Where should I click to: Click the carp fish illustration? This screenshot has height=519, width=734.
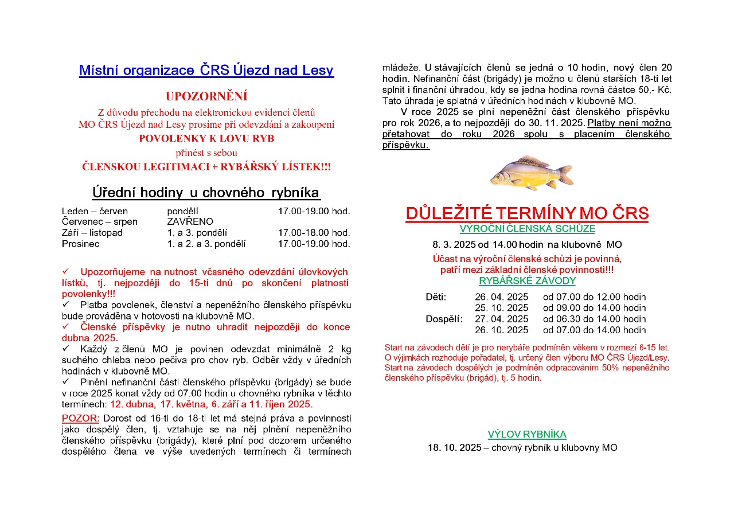tap(530, 173)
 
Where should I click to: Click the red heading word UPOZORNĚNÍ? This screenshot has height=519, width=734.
tap(206, 96)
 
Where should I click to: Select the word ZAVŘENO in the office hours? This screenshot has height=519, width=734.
tap(190, 221)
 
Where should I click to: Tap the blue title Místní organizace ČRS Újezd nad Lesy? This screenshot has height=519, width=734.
tap(206, 71)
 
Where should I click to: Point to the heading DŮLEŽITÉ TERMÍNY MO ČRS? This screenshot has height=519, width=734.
tap(527, 213)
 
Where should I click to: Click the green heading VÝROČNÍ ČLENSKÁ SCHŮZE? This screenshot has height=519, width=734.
tap(527, 229)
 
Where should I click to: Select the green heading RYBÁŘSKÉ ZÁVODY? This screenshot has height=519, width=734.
tap(527, 281)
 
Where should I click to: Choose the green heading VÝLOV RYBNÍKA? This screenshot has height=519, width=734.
tap(527, 434)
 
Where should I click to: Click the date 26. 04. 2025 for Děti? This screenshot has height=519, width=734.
tap(502, 297)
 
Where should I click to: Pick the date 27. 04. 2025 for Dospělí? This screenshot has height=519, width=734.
tap(502, 319)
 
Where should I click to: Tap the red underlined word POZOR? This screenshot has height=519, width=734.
tap(81, 418)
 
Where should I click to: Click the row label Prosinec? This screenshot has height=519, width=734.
tap(80, 244)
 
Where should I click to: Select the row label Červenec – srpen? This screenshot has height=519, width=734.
tap(99, 221)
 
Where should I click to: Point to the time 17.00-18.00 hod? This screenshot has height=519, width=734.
tap(314, 233)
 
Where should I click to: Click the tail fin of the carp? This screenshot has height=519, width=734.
tap(565, 173)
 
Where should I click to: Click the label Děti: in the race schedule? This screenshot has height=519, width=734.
tap(436, 297)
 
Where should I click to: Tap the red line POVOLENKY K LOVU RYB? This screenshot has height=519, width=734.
tap(206, 138)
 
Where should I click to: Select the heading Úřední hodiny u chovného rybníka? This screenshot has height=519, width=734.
tap(206, 192)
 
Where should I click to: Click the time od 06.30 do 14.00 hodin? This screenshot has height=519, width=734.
tap(594, 319)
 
